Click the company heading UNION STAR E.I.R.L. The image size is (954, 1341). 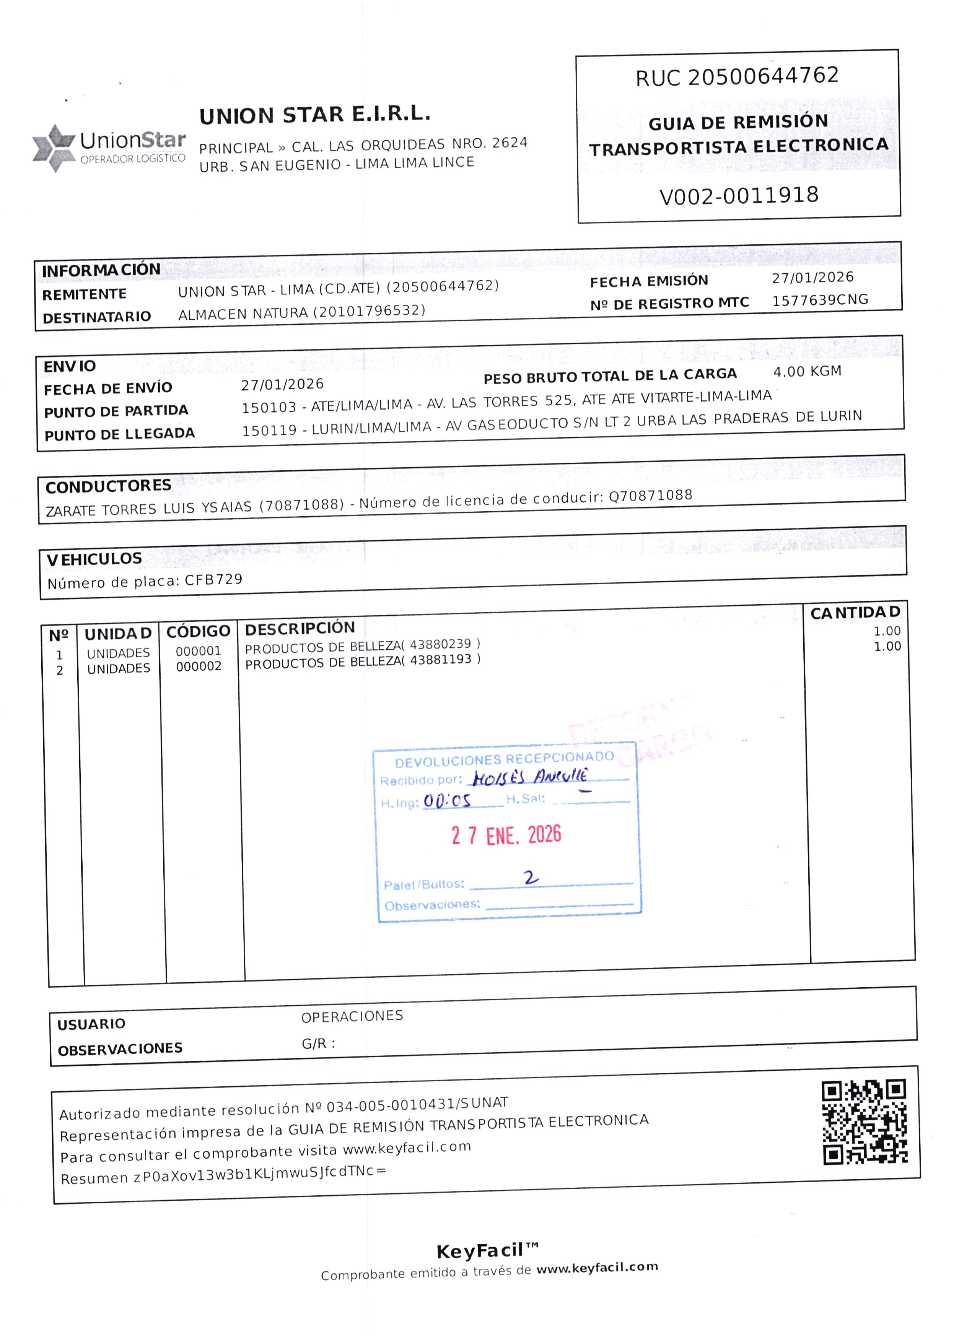315,115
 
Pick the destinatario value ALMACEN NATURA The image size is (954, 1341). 244,314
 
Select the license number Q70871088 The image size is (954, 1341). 650,496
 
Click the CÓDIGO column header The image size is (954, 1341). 198,632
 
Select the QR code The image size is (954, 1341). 864,1122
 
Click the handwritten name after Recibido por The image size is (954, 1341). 530,777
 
